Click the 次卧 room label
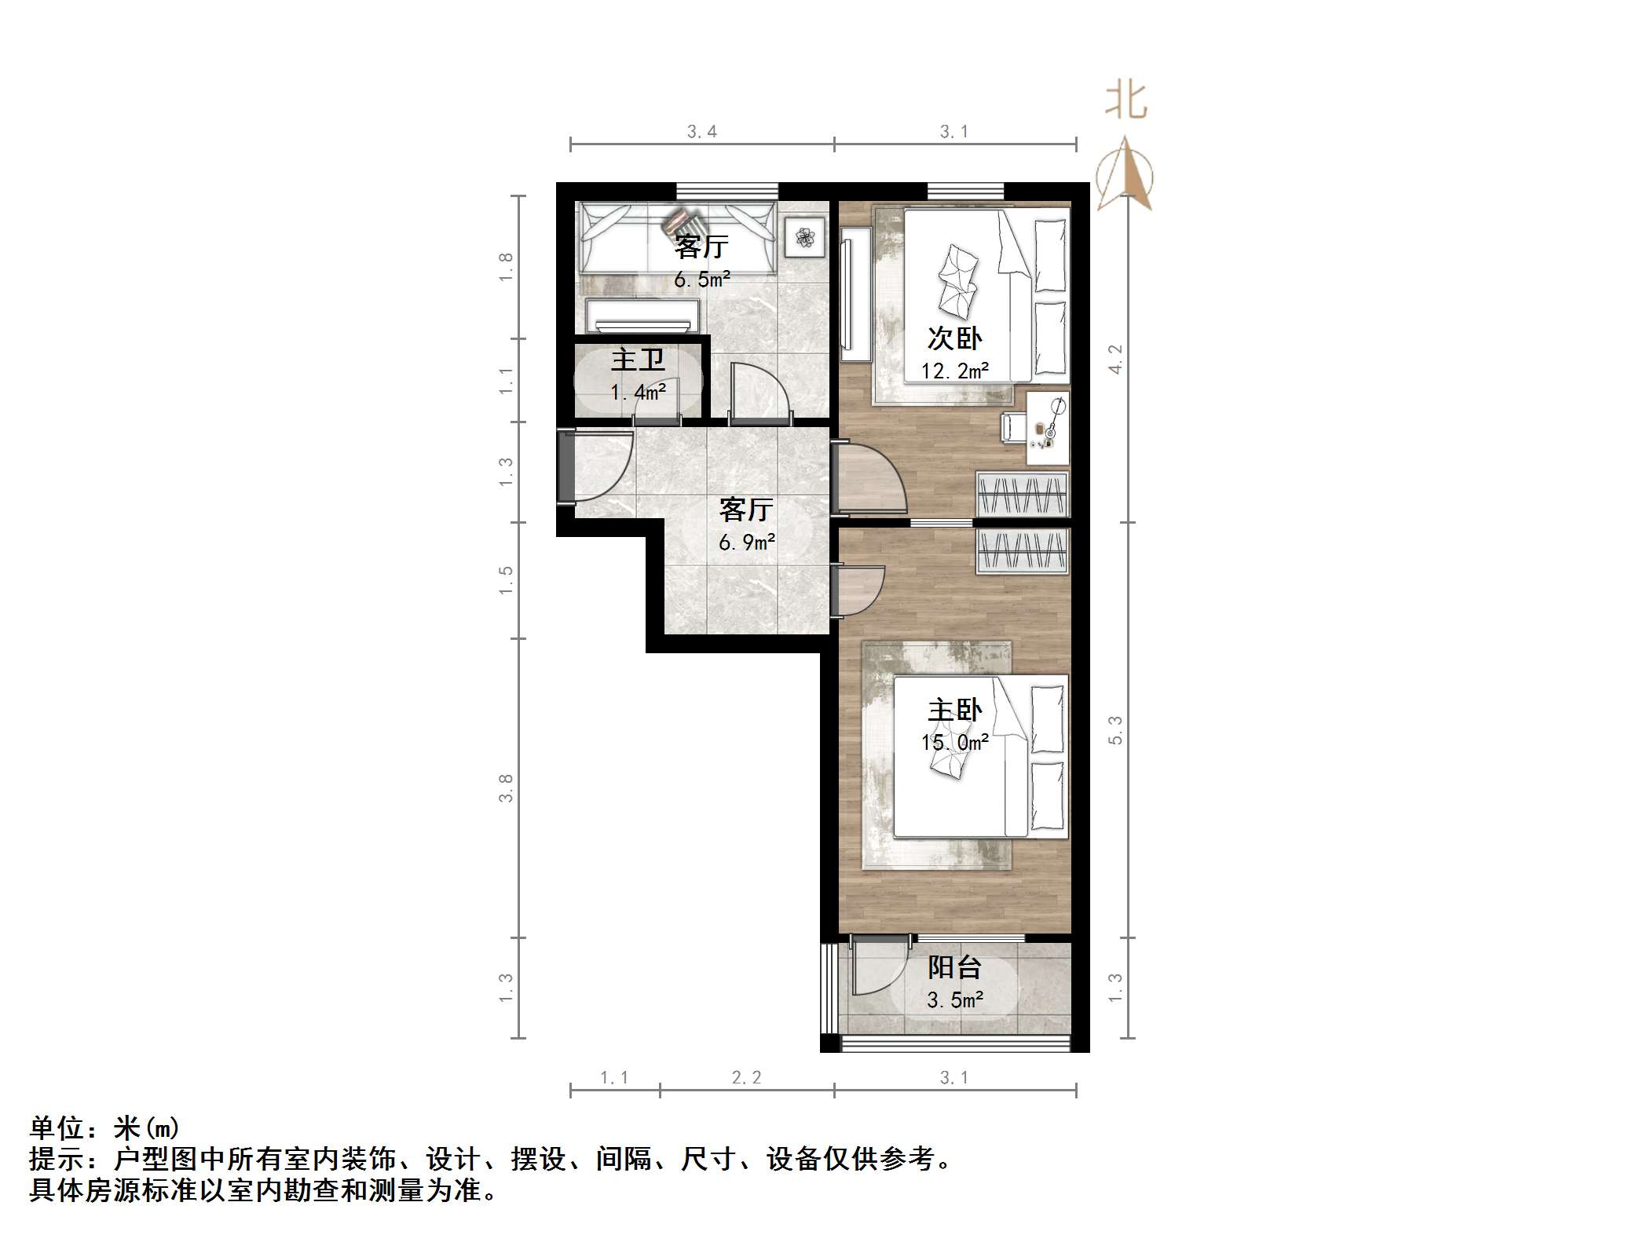(954, 338)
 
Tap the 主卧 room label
(954, 711)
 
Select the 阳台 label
(954, 967)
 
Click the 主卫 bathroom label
(638, 360)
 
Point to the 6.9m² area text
(747, 543)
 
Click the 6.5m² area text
(702, 280)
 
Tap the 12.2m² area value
(954, 371)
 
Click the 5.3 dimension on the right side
(1115, 730)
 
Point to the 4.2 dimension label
(1115, 359)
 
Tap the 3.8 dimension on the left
(506, 787)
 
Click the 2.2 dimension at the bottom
(746, 1078)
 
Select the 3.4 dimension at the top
(701, 132)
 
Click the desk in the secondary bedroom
(1048, 428)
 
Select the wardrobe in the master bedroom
(1022, 550)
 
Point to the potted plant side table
(804, 236)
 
